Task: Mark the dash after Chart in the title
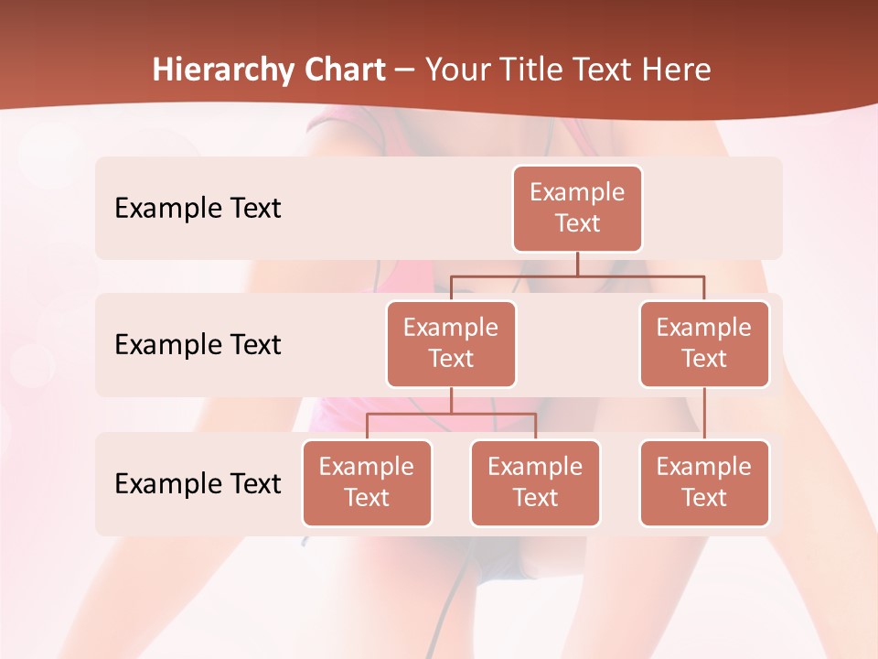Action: click(405, 70)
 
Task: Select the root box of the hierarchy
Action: click(577, 209)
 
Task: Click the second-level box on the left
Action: click(451, 344)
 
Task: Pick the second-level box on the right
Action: click(704, 344)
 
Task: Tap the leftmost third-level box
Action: click(367, 483)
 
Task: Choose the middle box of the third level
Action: click(535, 483)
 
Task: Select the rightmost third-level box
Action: click(704, 483)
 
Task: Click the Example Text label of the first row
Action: click(198, 208)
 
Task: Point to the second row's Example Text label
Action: click(198, 344)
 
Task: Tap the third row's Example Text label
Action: click(198, 483)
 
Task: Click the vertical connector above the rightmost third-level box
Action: click(704, 413)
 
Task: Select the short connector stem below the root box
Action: click(577, 264)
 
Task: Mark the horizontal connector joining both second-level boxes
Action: click(640, 275)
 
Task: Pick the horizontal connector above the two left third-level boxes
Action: click(451, 414)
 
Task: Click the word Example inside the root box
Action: click(577, 192)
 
